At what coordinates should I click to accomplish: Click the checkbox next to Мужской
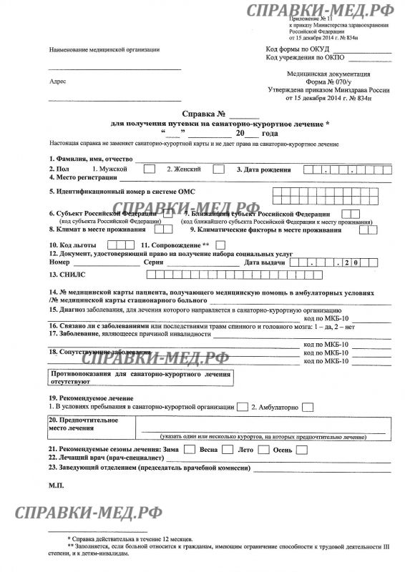coord(149,169)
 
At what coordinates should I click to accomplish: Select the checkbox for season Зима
coord(190,450)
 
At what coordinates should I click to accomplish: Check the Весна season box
coord(227,450)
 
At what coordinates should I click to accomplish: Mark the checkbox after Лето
coord(263,450)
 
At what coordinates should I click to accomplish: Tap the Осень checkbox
coord(301,450)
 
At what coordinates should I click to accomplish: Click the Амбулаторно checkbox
coord(308,407)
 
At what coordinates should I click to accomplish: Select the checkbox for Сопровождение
coord(220,245)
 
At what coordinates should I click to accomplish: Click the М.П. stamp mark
coord(57,485)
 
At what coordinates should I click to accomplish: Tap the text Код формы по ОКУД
coord(293,49)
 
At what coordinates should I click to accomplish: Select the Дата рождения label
coord(263,170)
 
